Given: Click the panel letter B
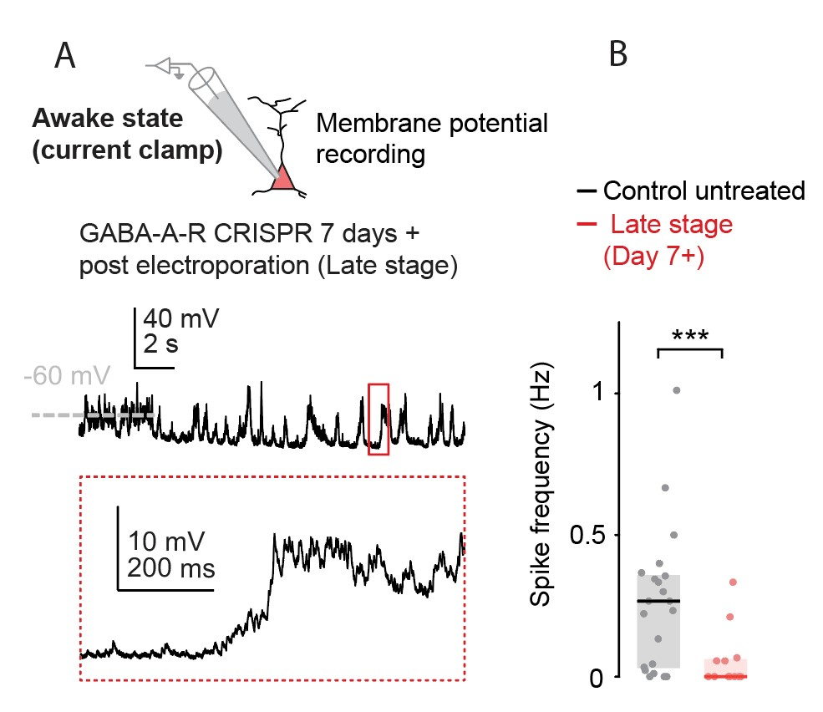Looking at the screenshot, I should coord(617,54).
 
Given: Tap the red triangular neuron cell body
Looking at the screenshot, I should coord(283,178).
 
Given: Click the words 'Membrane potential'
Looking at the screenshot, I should coord(432,125).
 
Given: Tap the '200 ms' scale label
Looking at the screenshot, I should coord(171,569).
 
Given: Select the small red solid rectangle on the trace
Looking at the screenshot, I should coord(378,419).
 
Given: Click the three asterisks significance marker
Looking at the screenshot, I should coord(690,337).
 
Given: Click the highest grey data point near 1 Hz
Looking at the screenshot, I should coord(676,389).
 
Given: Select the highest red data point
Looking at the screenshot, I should coord(733,582).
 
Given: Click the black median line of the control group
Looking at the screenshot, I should coord(658,601).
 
